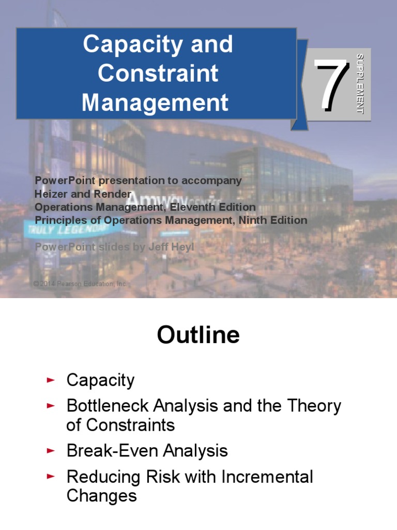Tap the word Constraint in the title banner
coord(158,73)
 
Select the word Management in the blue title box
coord(155,102)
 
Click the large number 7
coord(331,85)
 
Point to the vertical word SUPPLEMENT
coord(360,84)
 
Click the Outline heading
coord(198,335)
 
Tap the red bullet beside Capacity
coord(50,380)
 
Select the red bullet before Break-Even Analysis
coord(50,451)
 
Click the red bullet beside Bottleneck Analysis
coord(50,406)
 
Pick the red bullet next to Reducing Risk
coord(50,477)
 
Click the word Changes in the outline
coord(102,496)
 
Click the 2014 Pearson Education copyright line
coord(80,284)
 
